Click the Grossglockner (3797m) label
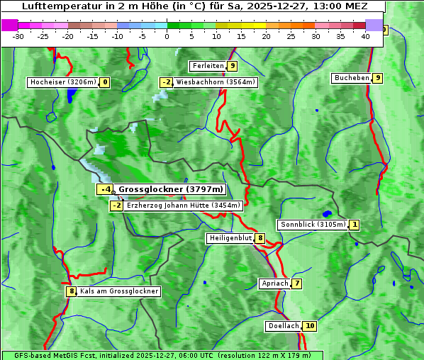click(170, 189)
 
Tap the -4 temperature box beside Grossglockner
click(104, 189)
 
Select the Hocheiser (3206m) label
click(62, 82)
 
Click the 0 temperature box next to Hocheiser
click(105, 82)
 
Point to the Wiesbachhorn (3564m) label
click(216, 82)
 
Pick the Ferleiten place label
click(208, 66)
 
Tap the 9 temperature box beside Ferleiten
click(233, 66)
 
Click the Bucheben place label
click(352, 78)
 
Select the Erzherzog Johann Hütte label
click(184, 206)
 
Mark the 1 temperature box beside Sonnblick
click(355, 225)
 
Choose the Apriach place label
click(274, 283)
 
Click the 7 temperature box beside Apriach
click(296, 283)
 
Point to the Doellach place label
click(284, 326)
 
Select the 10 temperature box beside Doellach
click(309, 326)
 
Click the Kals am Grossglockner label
click(118, 291)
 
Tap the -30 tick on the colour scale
click(18, 36)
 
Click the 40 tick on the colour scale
click(365, 36)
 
